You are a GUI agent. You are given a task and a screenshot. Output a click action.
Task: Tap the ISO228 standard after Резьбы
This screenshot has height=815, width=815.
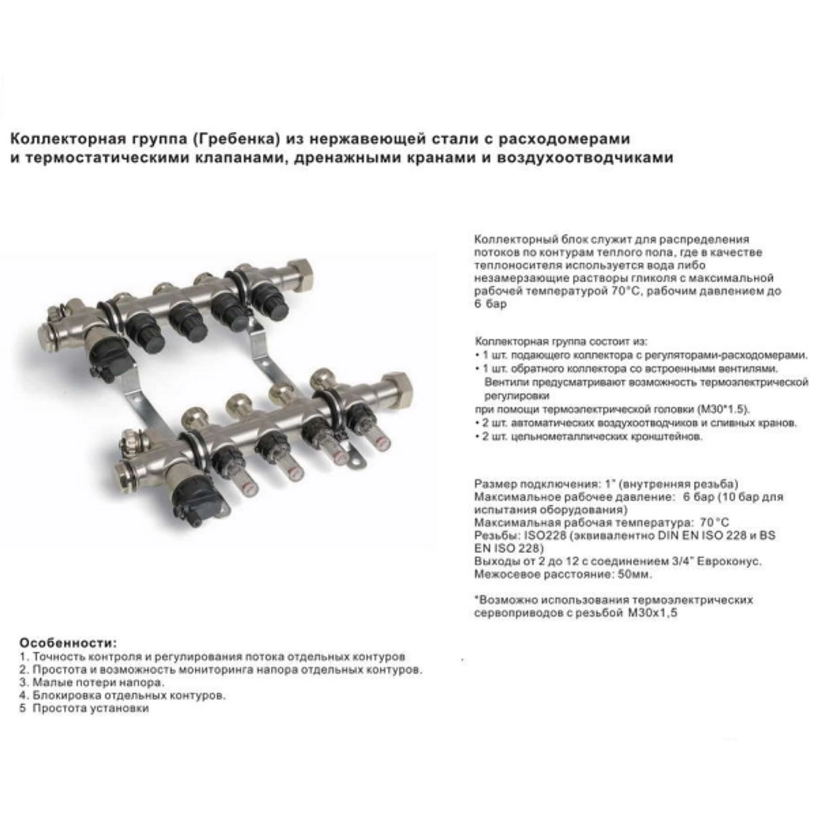(x=545, y=535)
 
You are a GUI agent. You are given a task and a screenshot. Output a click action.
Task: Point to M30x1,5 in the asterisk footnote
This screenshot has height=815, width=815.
(x=650, y=613)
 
